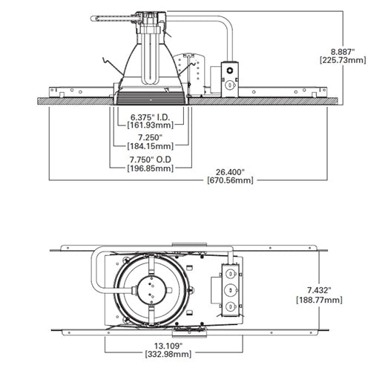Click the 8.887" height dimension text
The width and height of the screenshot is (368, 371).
[x=342, y=51]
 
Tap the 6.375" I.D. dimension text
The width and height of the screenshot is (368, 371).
[x=151, y=117]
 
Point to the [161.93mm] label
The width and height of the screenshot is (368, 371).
[x=151, y=126]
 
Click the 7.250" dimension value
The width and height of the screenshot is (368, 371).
[x=151, y=138]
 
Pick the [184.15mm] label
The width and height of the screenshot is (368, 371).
[x=151, y=147]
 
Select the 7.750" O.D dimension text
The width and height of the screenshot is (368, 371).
[x=151, y=159]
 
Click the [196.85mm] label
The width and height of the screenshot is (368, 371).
[x=151, y=168]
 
